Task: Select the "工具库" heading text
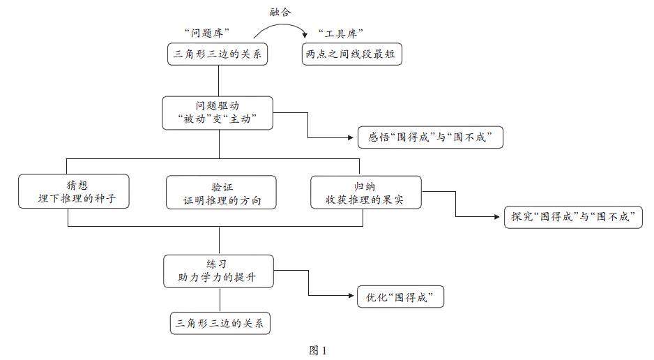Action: tap(342, 33)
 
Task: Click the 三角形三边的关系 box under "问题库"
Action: tap(218, 54)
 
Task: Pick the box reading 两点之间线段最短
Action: tap(352, 54)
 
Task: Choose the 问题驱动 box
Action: tap(218, 112)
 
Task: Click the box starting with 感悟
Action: tap(430, 137)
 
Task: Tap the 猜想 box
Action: tap(75, 191)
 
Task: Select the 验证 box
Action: tap(220, 192)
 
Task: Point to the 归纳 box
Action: tap(365, 191)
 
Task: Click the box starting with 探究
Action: tap(572, 216)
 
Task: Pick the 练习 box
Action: tap(218, 271)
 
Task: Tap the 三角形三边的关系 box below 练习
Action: tap(220, 324)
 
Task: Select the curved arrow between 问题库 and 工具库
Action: tap(280, 26)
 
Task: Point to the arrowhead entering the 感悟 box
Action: tap(353, 137)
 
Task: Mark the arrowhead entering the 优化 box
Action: tap(353, 298)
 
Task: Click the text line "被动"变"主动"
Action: tap(218, 119)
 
